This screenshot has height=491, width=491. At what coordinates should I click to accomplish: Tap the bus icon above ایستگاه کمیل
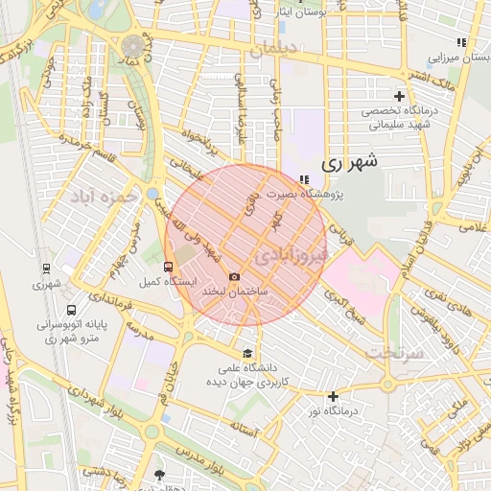pos(169,267)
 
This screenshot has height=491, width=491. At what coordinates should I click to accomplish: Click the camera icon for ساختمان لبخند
pos(234,276)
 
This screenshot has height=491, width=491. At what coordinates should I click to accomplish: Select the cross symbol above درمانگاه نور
pos(333,397)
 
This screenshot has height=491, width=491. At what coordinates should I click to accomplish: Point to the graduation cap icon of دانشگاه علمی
pos(249,352)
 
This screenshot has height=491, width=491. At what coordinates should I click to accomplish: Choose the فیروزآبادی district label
pos(292,255)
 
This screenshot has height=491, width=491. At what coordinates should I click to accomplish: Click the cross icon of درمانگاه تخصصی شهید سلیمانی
pos(400,96)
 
